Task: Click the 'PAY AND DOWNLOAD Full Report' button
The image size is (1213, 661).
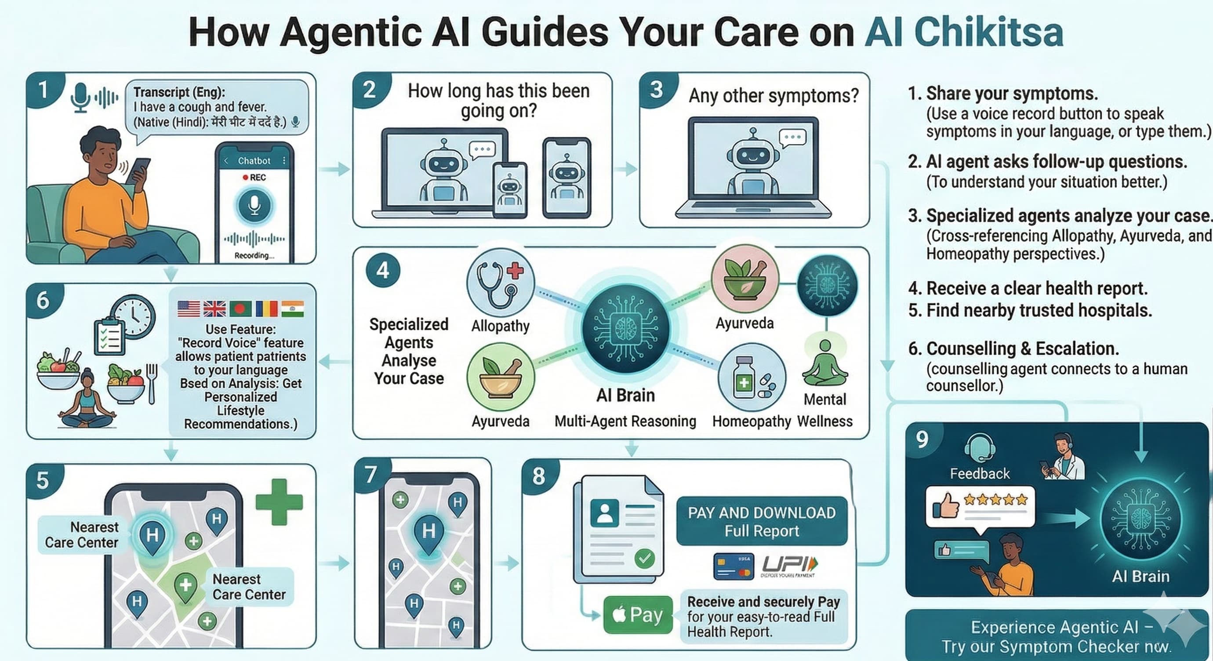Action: click(x=761, y=521)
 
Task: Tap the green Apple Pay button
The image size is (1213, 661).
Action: click(x=638, y=615)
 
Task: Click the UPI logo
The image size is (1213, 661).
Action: click(x=789, y=564)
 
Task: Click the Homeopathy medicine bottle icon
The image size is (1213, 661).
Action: click(x=752, y=377)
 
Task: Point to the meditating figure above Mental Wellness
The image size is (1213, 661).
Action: click(x=825, y=363)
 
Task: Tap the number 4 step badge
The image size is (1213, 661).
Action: click(x=383, y=271)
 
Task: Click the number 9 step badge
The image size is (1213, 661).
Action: click(x=922, y=439)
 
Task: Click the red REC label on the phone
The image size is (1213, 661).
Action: click(x=255, y=178)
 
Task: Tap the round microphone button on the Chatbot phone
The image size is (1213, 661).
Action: click(x=254, y=205)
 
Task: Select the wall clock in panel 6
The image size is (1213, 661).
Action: click(x=133, y=316)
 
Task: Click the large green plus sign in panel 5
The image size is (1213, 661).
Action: click(x=279, y=502)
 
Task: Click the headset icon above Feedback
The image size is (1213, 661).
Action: click(x=980, y=447)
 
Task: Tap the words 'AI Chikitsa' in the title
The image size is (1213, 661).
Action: click(x=964, y=32)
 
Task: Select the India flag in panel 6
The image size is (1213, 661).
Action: click(x=292, y=309)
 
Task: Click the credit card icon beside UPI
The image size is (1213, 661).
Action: click(x=733, y=567)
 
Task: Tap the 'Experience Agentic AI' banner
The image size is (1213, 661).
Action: click(x=1056, y=636)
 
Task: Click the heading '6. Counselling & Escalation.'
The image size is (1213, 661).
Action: click(x=1013, y=349)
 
